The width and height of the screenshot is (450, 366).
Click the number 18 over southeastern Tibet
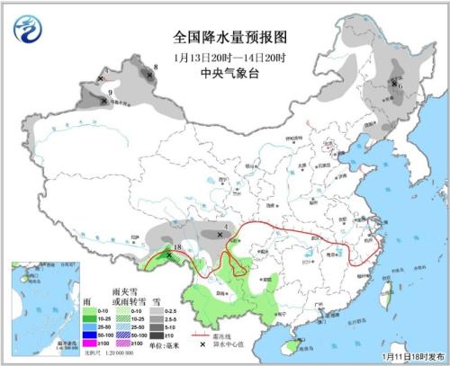178,247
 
